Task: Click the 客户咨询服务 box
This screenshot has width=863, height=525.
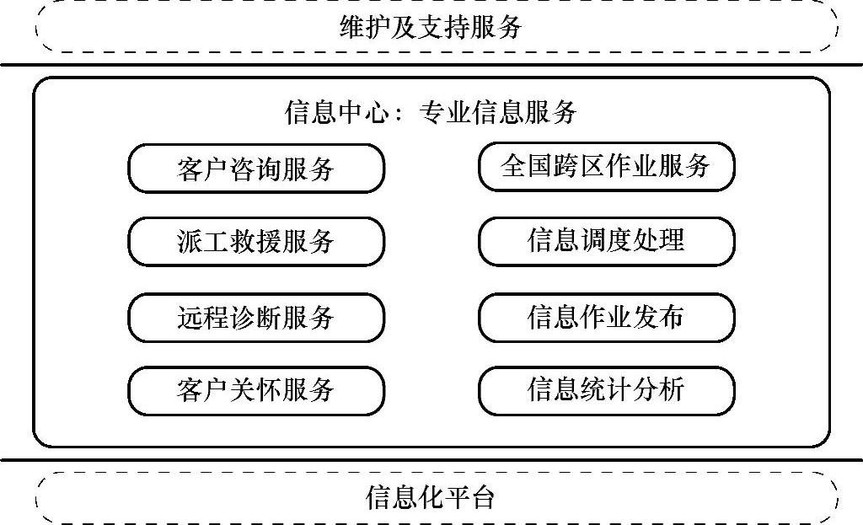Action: tap(255, 169)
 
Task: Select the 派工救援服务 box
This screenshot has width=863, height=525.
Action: tap(255, 243)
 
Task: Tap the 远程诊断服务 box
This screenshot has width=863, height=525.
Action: tap(255, 317)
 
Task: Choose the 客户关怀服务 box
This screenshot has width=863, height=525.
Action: tap(255, 390)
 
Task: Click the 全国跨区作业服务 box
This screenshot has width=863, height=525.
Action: tap(606, 166)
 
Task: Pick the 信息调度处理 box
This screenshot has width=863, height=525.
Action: tap(606, 241)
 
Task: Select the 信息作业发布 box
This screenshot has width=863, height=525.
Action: tap(606, 316)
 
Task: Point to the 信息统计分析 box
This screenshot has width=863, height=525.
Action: tap(606, 389)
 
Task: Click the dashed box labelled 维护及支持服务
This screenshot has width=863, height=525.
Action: tap(431, 28)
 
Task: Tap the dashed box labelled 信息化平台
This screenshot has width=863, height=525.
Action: tap(431, 498)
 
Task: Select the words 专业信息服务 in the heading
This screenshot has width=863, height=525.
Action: tap(498, 113)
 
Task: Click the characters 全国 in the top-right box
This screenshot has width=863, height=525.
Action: tap(526, 166)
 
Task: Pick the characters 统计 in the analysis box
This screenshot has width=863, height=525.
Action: tap(606, 389)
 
